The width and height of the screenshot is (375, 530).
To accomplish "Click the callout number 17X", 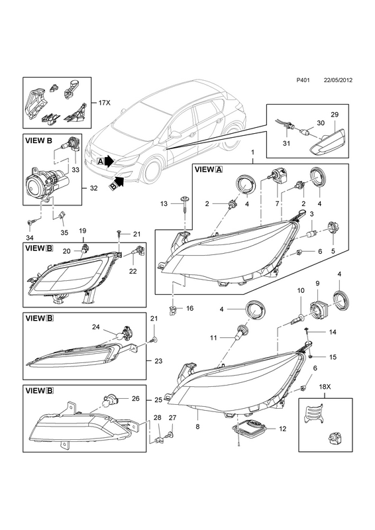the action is [105, 103].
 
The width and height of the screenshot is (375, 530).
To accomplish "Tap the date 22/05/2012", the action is [338, 89].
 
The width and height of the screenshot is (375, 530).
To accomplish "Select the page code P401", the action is [303, 89].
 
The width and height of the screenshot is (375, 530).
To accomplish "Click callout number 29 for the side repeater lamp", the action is [335, 115].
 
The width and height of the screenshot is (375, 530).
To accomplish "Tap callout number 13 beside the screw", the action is [164, 204].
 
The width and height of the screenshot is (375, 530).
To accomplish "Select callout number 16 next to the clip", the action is [189, 308].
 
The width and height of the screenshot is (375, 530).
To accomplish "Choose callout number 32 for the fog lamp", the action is [93, 188].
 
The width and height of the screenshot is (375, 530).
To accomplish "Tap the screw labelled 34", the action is [31, 221].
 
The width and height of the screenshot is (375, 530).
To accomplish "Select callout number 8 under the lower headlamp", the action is [197, 427].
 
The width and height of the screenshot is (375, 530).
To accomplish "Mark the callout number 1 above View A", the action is [252, 153].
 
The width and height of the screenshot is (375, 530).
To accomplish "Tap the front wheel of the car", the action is [151, 172].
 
